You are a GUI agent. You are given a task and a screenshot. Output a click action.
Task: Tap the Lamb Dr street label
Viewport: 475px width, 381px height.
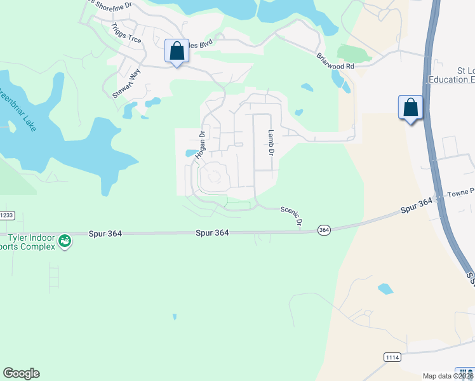(x=270, y=143)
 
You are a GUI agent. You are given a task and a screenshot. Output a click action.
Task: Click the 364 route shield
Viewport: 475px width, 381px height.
(x=324, y=230)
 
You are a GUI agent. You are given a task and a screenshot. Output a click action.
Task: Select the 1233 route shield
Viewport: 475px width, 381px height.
(x=6, y=215)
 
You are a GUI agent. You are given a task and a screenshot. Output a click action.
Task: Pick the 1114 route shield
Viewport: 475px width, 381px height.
(x=392, y=358)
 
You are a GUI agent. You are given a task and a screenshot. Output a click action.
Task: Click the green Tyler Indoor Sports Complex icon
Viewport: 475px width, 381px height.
(x=64, y=241)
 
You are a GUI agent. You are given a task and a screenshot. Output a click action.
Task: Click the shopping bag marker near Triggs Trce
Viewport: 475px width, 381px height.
(x=177, y=51)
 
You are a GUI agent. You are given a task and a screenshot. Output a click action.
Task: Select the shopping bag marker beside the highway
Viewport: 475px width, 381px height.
(x=410, y=107)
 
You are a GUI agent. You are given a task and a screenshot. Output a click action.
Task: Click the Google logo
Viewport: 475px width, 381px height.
(x=21, y=373)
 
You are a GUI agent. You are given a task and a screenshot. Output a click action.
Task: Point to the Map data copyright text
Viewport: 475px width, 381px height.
(x=447, y=376)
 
